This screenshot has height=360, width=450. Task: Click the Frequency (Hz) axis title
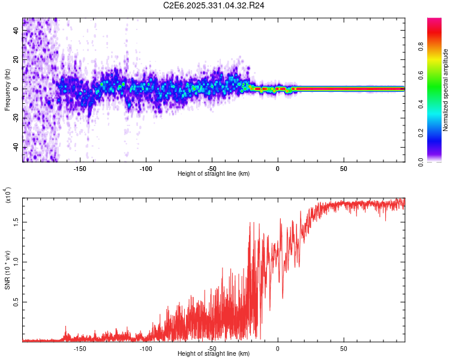(x=7, y=90)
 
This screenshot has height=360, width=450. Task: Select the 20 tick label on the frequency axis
(x=16, y=59)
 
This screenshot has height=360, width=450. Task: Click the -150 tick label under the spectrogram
(x=80, y=168)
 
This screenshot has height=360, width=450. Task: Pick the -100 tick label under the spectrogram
(x=146, y=168)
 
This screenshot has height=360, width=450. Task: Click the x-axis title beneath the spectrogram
(x=214, y=174)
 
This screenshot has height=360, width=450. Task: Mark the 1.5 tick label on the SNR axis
(x=16, y=221)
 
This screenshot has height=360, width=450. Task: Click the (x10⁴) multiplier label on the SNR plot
(x=8, y=195)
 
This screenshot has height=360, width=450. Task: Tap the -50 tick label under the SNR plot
(x=211, y=349)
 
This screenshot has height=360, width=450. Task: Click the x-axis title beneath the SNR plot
(x=214, y=355)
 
